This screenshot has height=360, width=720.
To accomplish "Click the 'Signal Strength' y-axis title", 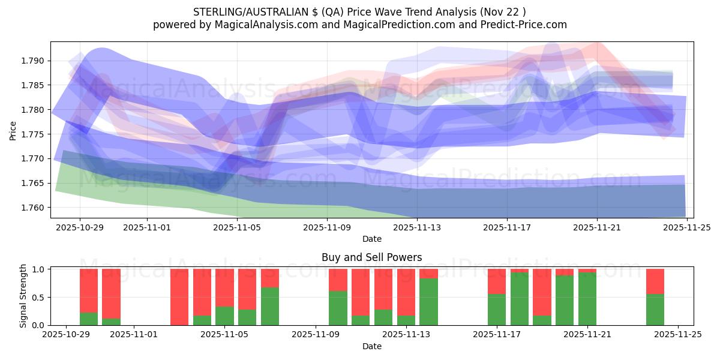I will (x=23, y=296).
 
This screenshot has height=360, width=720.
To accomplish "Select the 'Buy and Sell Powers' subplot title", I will (x=371, y=257).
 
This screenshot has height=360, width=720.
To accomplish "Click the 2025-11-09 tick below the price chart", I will (x=327, y=227).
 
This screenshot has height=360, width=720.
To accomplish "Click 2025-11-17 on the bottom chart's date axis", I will (x=497, y=335).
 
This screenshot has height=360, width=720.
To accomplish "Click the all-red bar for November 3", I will (x=179, y=297).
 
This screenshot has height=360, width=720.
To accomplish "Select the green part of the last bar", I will (x=655, y=310).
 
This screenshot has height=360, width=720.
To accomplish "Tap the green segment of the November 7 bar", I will (x=270, y=307).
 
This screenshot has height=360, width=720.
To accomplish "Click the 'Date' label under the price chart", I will (x=371, y=239).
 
